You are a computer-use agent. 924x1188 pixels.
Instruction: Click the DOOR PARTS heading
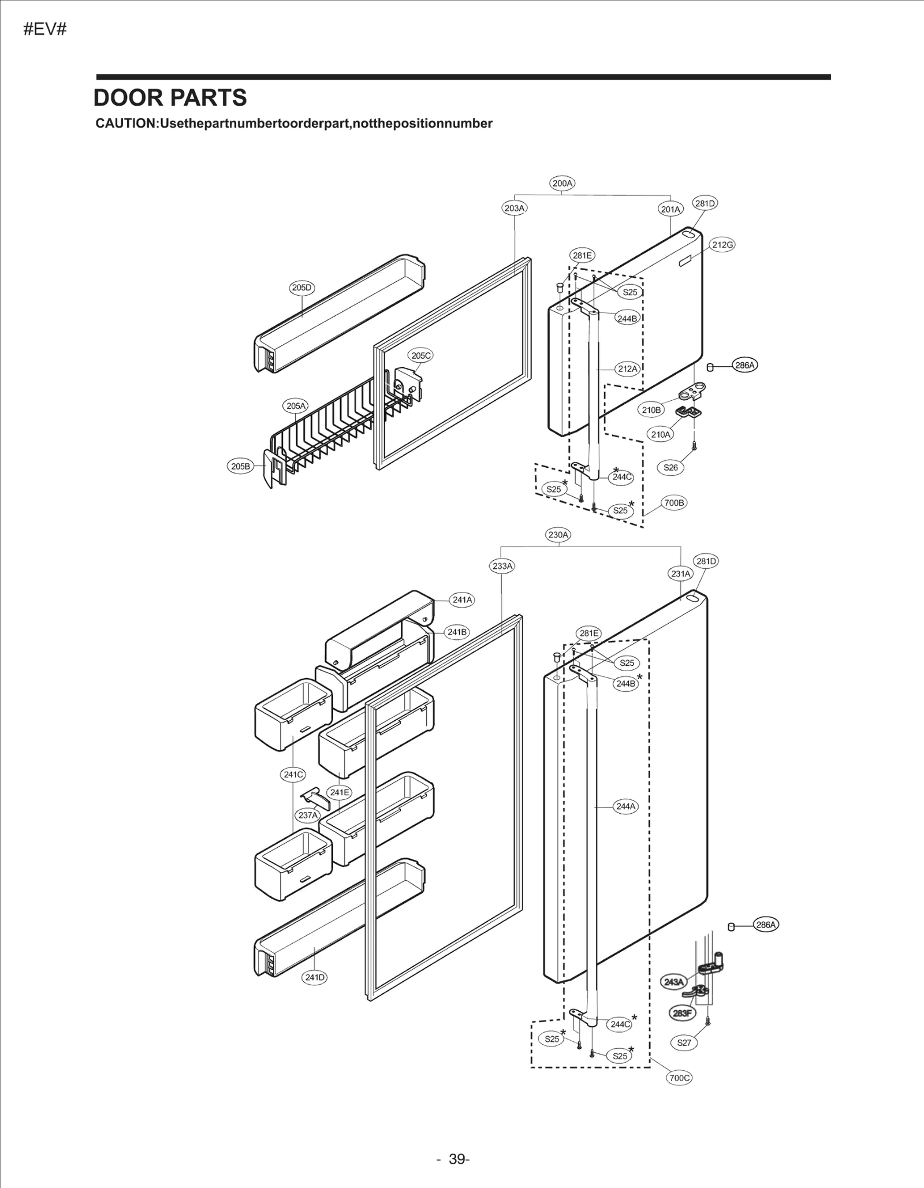[x=170, y=98]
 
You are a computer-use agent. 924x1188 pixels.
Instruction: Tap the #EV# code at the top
[x=45, y=29]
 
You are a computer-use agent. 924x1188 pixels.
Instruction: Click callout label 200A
[x=562, y=184]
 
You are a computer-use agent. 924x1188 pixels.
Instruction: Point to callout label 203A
[x=514, y=208]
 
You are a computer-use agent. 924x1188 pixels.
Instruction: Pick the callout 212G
[x=722, y=245]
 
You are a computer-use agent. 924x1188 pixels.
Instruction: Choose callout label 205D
[x=301, y=288]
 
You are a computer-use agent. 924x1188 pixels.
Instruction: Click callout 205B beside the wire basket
[x=240, y=466]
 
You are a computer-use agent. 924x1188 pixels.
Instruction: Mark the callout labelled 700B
[x=673, y=503]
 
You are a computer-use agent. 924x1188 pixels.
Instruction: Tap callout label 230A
[x=558, y=535]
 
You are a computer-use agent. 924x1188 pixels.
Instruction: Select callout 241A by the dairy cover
[x=462, y=600]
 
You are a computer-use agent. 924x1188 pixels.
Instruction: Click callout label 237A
[x=308, y=815]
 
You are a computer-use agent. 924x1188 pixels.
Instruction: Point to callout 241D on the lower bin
[x=315, y=977]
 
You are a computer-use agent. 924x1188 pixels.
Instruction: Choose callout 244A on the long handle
[x=625, y=806]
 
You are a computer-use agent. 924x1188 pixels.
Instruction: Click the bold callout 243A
[x=673, y=982]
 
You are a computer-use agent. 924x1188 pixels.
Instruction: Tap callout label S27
[x=684, y=1042]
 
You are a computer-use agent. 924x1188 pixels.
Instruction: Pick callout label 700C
[x=679, y=1078]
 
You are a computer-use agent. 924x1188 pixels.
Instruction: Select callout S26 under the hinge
[x=670, y=468]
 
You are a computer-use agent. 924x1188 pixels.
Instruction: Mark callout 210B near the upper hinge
[x=651, y=410]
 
